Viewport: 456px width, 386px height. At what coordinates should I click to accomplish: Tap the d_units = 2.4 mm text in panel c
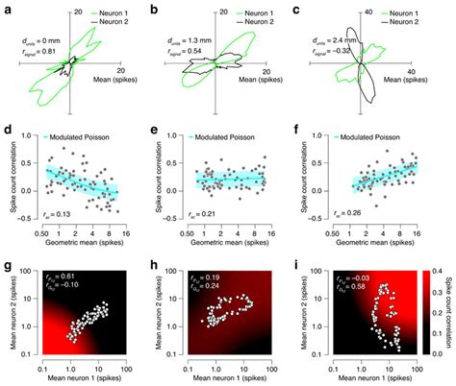click(340, 40)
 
